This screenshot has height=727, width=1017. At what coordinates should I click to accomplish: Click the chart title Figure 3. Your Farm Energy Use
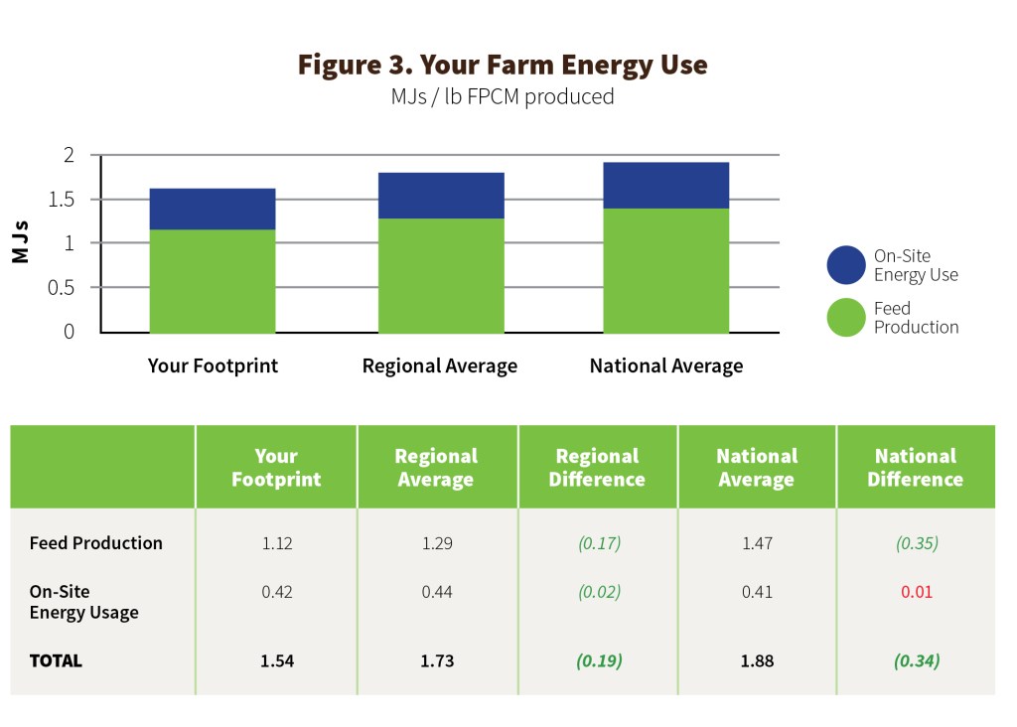[x=503, y=66]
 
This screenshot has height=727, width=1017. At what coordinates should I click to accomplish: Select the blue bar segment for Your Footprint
[x=212, y=209]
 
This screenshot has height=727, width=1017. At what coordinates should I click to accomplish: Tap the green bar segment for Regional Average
[x=441, y=275]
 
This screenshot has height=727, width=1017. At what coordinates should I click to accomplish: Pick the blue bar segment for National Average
[x=666, y=185]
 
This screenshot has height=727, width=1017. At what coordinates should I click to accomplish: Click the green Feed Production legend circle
[x=846, y=318]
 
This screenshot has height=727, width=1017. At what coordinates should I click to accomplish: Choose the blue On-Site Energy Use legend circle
[x=846, y=265]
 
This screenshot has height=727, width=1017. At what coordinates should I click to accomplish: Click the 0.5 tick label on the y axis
[x=62, y=288]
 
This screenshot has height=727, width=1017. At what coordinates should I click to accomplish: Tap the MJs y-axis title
[x=21, y=242]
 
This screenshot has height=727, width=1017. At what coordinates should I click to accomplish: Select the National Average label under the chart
[x=665, y=366]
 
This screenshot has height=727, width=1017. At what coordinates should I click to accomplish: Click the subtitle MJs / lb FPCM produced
[x=503, y=97]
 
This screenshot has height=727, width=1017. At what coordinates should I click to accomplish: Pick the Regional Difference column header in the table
[x=597, y=468]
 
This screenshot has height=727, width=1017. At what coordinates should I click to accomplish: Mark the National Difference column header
[x=915, y=468]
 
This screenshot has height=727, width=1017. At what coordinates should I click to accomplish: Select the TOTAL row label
[x=56, y=660]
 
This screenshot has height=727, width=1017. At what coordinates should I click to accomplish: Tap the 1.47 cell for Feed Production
[x=756, y=543]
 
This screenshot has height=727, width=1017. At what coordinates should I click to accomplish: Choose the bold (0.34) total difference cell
[x=917, y=660]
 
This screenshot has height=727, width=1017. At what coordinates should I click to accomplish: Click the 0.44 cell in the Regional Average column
[x=437, y=592]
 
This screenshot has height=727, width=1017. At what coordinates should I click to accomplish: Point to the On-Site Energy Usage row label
[x=83, y=602]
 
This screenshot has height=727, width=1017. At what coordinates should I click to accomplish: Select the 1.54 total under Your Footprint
[x=276, y=660]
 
